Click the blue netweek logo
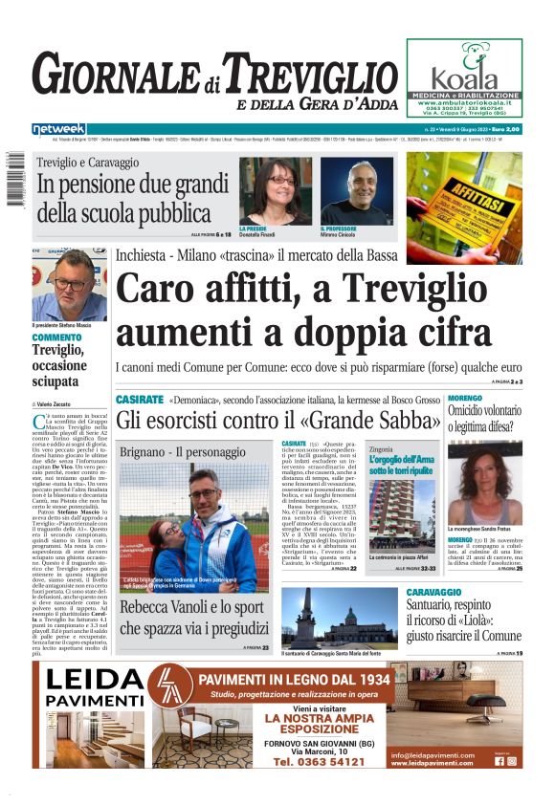coord(58,128)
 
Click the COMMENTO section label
coord(56,337)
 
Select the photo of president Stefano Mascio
coord(69,285)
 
